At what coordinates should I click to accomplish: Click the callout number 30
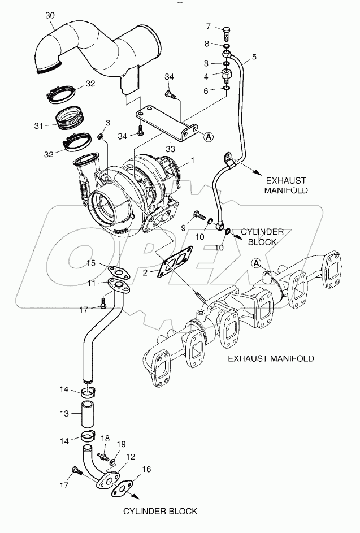pos(50,16)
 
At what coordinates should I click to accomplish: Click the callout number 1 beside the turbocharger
pos(193,161)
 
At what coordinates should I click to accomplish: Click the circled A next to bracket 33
pos(209,136)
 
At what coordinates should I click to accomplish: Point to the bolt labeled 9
pos(198,215)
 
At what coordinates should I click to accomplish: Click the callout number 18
pos(103,438)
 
